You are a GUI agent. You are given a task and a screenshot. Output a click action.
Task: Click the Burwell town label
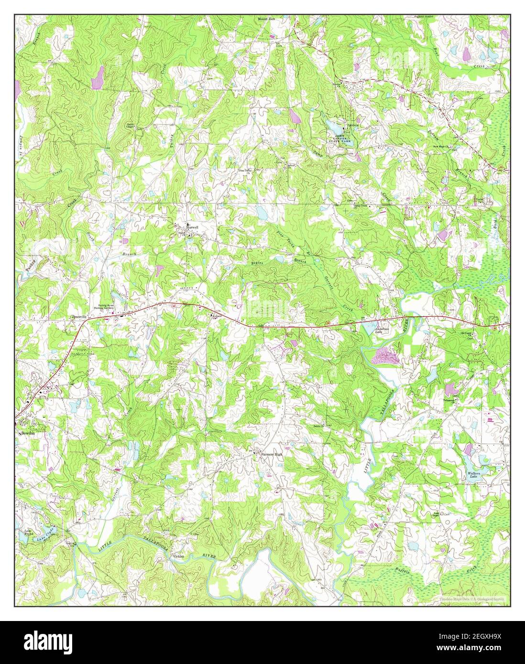(192, 226)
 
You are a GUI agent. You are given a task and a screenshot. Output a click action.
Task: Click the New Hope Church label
(442, 147)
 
